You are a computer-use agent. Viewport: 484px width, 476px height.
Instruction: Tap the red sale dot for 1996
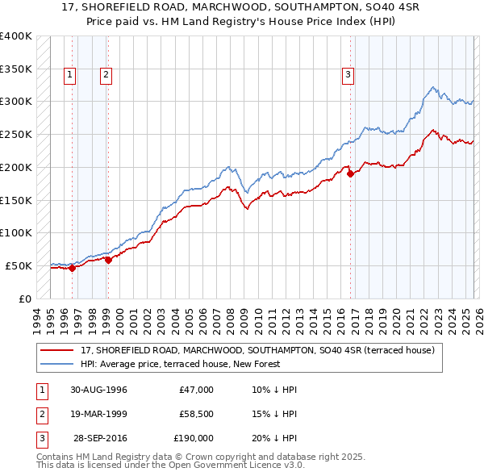coord(73,269)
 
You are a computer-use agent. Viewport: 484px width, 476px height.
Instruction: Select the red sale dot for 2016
coord(350,173)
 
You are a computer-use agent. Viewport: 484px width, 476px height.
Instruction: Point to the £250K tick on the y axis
coord(16,134)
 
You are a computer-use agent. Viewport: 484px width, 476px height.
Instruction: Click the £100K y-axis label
coord(16,232)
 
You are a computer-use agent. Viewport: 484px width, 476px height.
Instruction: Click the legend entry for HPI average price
coord(179,364)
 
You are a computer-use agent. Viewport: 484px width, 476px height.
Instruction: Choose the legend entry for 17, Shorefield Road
coord(257,350)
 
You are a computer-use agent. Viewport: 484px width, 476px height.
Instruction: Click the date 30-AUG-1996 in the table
coord(98,390)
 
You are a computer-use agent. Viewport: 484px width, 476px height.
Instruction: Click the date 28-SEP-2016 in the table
coord(100,438)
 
